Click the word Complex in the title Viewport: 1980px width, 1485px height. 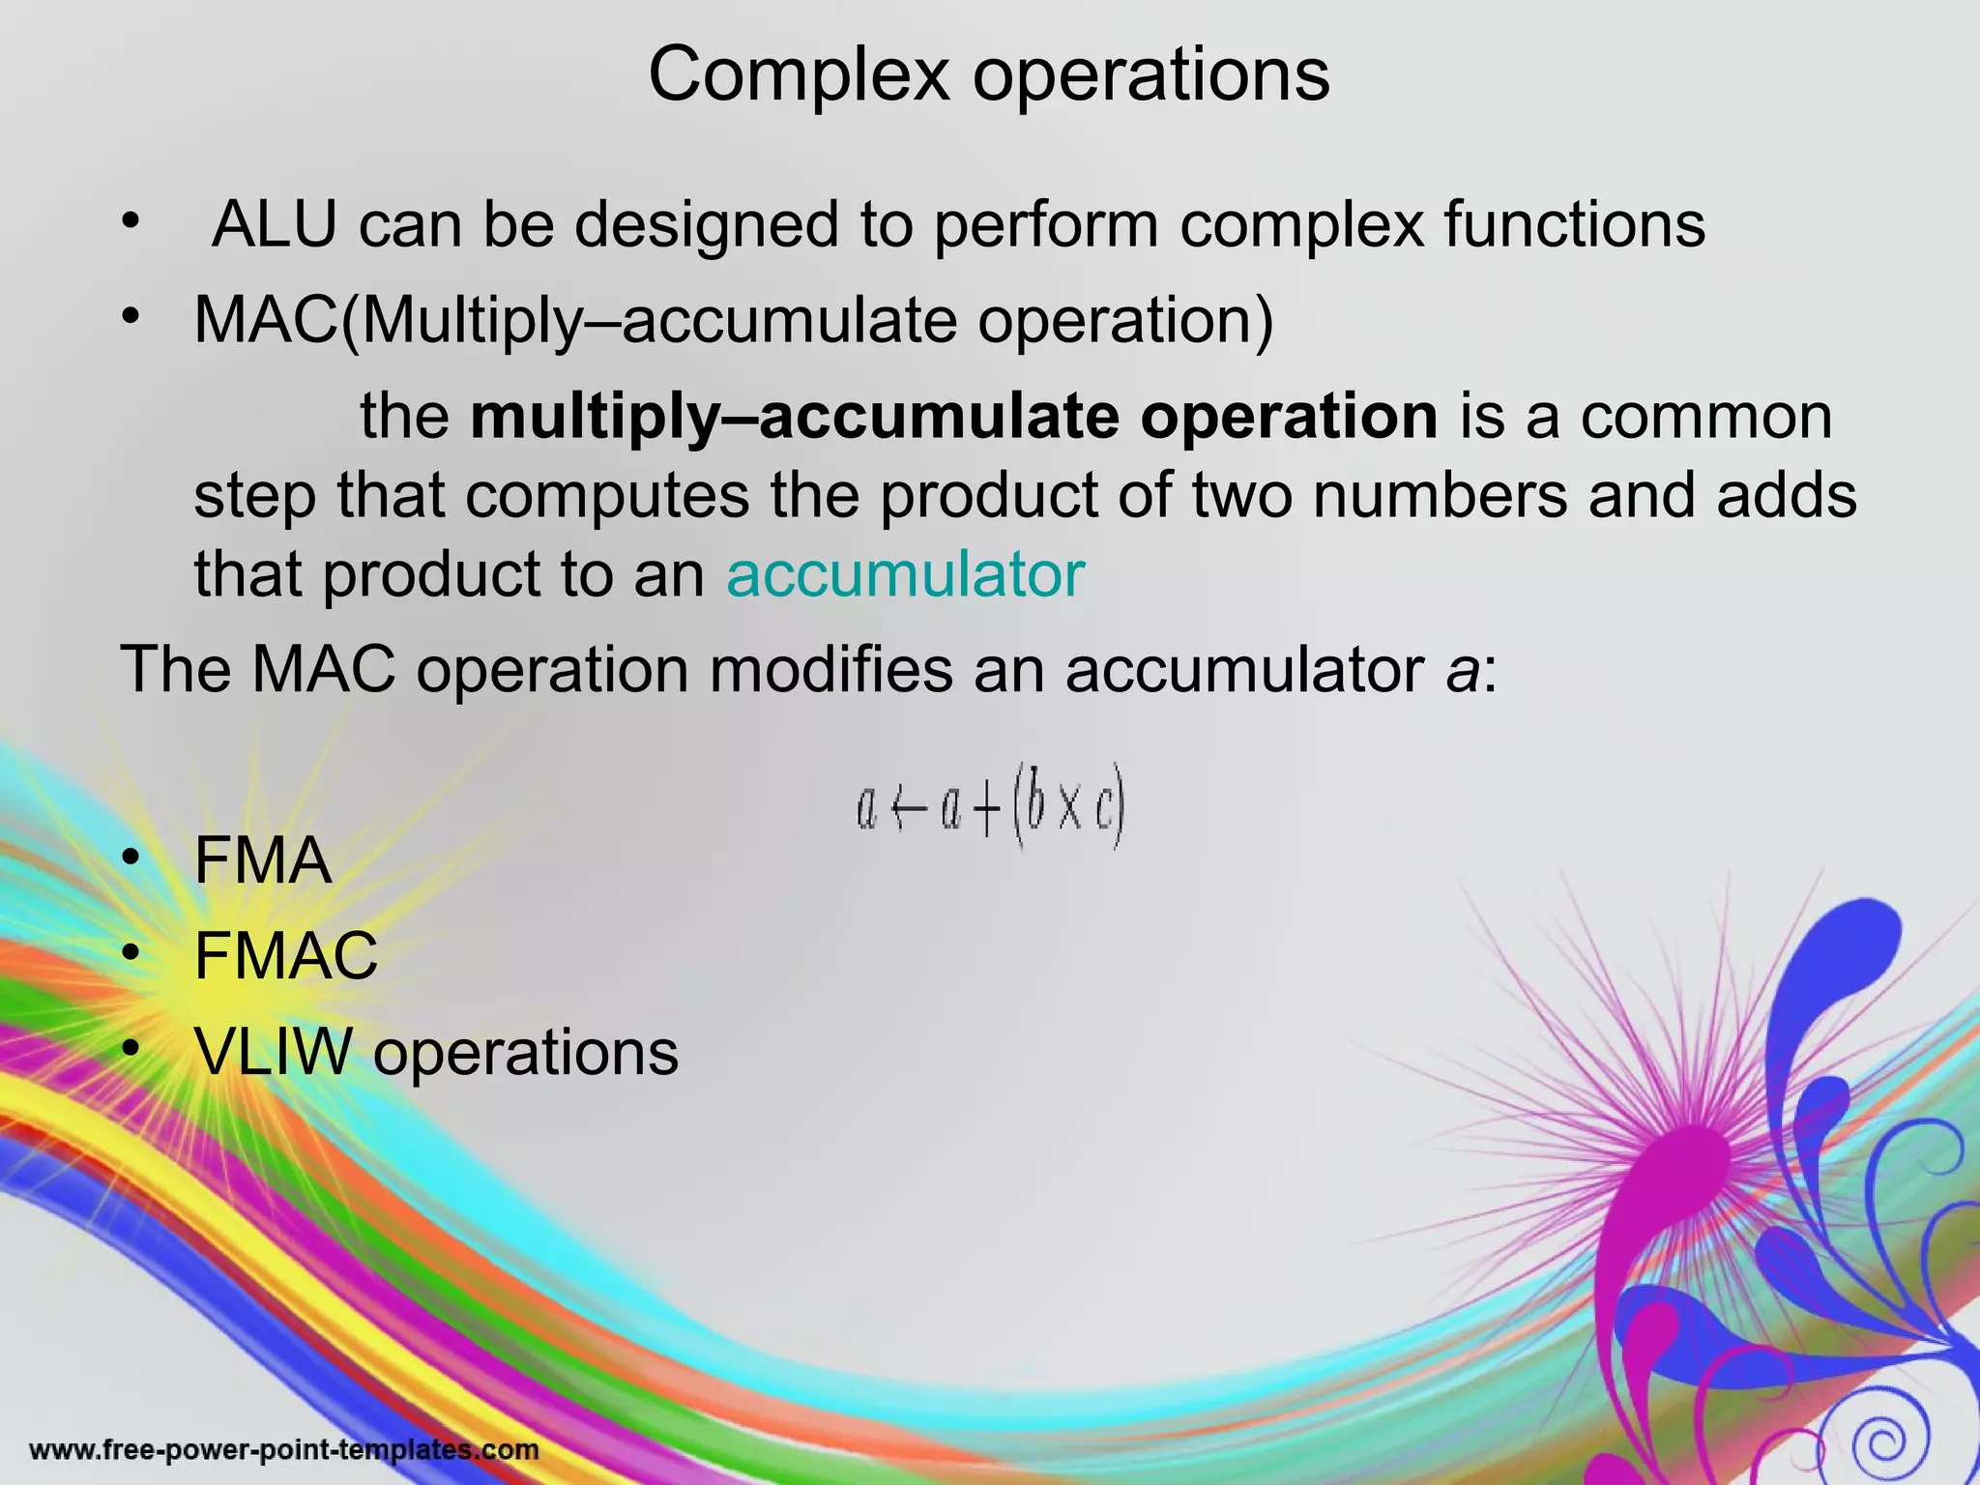(799, 75)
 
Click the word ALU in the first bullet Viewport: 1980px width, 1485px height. (274, 224)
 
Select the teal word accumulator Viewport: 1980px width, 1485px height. (905, 574)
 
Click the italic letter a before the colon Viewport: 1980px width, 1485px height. (1461, 669)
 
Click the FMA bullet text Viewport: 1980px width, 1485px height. (262, 859)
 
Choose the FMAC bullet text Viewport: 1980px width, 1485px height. (286, 955)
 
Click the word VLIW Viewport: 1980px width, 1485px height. (273, 1051)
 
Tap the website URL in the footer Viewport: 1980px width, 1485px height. (284, 1449)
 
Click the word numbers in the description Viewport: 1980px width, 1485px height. (1440, 495)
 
